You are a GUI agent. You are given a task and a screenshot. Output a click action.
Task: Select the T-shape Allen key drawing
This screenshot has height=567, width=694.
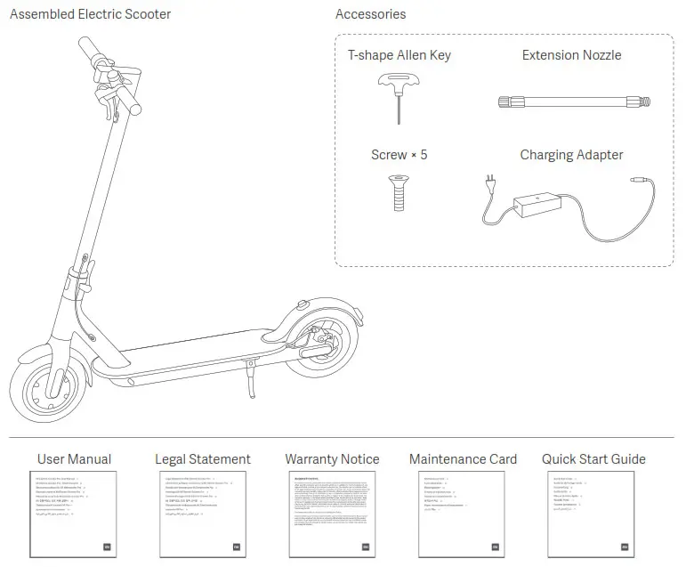(x=397, y=98)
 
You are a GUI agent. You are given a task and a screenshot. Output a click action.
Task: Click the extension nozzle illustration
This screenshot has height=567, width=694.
(x=571, y=101)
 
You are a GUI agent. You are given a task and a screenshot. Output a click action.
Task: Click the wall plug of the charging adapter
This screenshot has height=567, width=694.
(x=489, y=184)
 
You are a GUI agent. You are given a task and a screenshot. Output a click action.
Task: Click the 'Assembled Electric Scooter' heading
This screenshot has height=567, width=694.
(x=90, y=14)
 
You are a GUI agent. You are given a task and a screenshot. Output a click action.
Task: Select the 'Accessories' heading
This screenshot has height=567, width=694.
(x=370, y=14)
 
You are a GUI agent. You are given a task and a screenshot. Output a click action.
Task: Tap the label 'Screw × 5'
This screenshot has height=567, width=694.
(x=399, y=155)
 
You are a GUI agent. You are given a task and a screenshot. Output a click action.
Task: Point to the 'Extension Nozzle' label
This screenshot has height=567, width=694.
(x=571, y=55)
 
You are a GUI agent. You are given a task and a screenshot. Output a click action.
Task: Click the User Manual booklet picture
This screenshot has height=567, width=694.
(x=75, y=514)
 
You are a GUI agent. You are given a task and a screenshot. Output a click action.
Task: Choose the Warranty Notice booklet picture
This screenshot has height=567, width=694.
(x=332, y=514)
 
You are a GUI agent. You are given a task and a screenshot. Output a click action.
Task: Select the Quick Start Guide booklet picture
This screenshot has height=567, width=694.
(x=593, y=514)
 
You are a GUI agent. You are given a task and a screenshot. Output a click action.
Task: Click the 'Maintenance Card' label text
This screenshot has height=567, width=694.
(x=463, y=459)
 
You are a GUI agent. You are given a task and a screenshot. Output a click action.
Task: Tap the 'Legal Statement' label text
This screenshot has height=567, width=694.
(x=203, y=459)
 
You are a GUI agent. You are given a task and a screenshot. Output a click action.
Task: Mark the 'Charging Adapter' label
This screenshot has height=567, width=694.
(x=571, y=155)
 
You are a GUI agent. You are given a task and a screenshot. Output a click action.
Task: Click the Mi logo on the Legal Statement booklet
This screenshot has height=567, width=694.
(x=236, y=547)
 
